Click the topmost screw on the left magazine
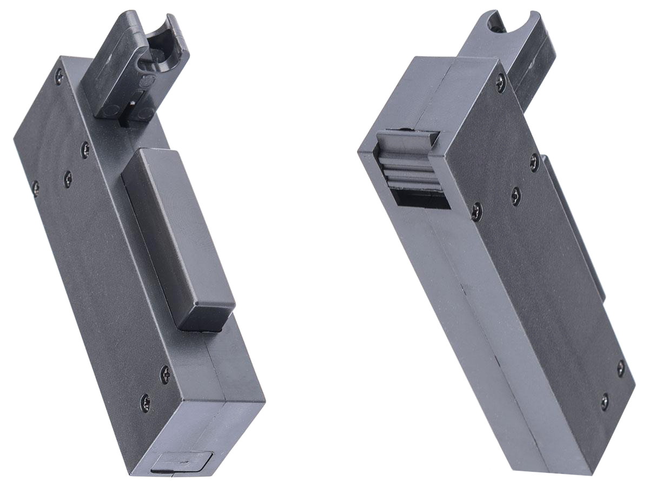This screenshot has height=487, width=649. tap(59, 77)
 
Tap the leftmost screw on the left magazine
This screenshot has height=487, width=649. tap(35, 188)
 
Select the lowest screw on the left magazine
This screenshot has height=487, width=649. tap(145, 402)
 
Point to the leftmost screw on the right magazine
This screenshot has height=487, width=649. tap(476, 212)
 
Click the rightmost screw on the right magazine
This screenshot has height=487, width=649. tap(621, 368)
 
